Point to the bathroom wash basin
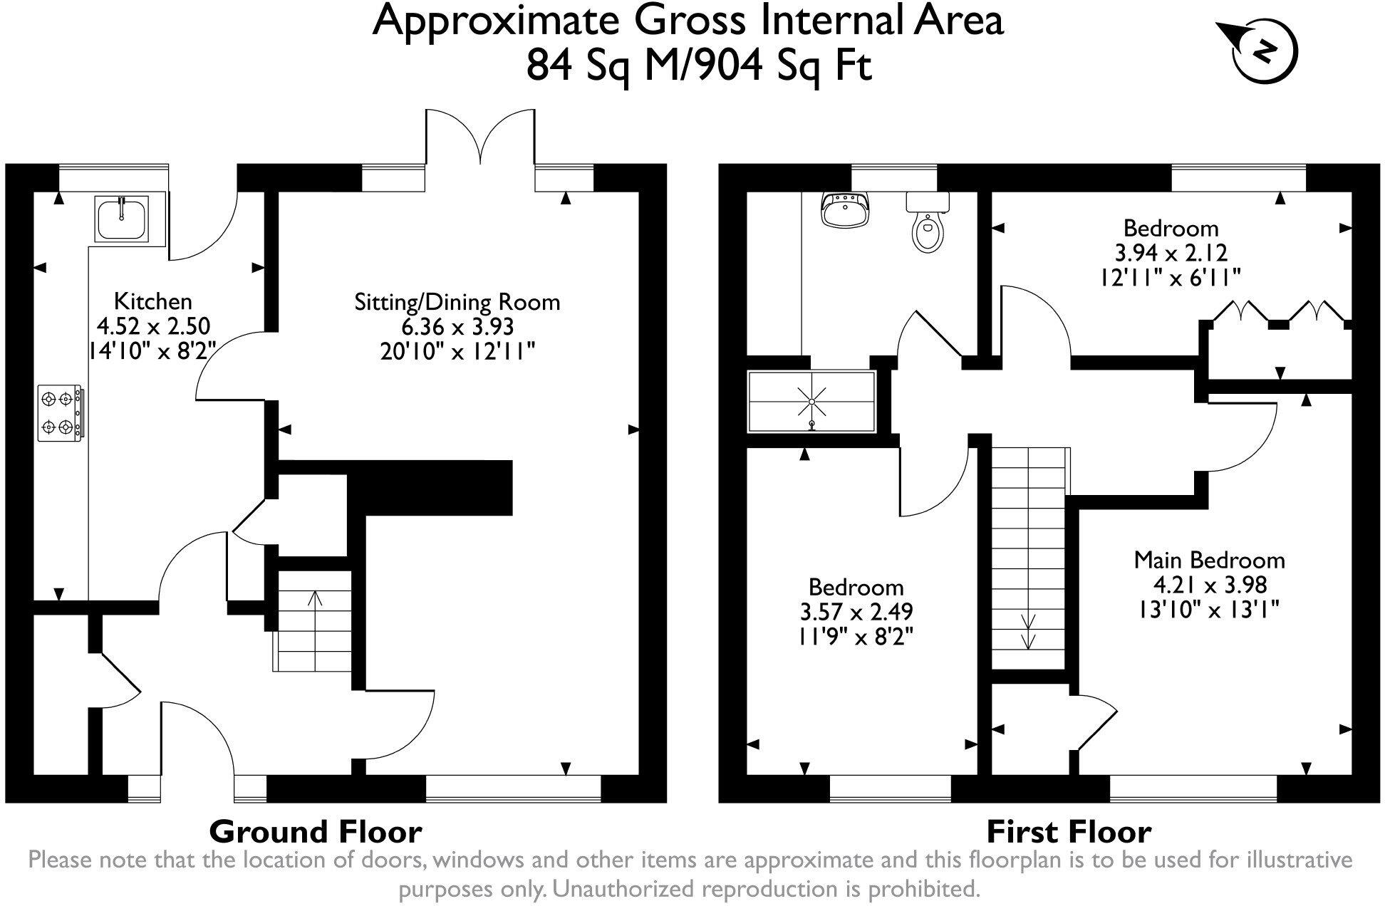(x=846, y=209)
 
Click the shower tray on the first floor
(x=811, y=402)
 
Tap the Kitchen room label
(x=153, y=301)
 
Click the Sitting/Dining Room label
(x=457, y=302)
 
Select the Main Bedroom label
(x=1209, y=560)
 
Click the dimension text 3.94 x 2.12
(x=1171, y=252)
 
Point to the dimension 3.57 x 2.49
(x=856, y=611)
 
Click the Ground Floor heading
(x=316, y=831)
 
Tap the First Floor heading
(x=1069, y=831)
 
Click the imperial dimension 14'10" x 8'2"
(x=152, y=351)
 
